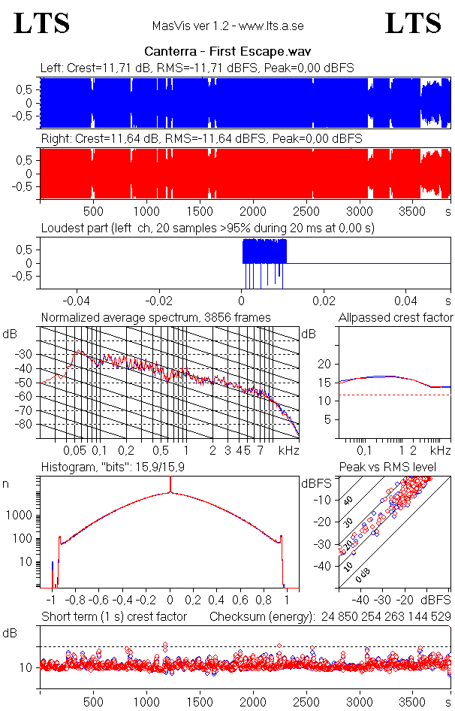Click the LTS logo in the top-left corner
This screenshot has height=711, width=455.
click(x=42, y=23)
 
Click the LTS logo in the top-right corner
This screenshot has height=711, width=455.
click(x=413, y=23)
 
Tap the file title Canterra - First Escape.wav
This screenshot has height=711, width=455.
click(x=227, y=52)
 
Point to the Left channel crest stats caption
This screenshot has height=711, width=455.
click(x=197, y=68)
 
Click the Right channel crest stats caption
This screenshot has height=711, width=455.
click(x=201, y=139)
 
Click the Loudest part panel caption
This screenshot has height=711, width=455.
click(x=207, y=228)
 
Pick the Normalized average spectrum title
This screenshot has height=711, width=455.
click(x=155, y=317)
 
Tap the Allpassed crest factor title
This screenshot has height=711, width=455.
click(x=396, y=317)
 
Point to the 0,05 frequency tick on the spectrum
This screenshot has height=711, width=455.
click(x=74, y=450)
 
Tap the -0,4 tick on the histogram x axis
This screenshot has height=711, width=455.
click(x=122, y=601)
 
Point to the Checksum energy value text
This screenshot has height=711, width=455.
click(x=331, y=617)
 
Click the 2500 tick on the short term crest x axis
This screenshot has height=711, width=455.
click(x=307, y=700)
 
